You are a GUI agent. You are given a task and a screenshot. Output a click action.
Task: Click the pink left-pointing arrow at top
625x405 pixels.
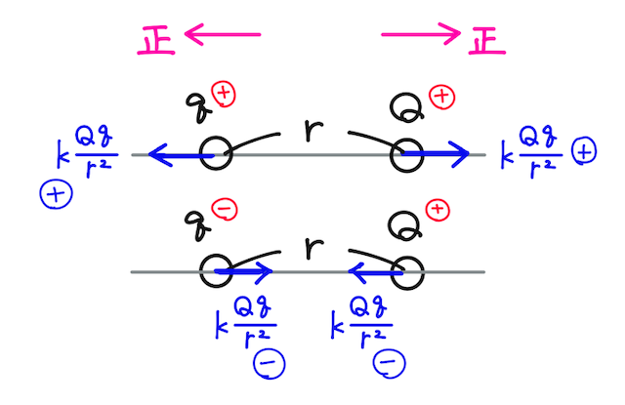point(222,36)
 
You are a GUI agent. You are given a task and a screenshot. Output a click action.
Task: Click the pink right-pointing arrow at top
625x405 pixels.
point(420,36)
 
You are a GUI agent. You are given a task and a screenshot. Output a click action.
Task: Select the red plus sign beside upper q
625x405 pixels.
point(225,95)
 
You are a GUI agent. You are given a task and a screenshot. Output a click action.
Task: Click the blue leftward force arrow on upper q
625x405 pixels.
point(176,154)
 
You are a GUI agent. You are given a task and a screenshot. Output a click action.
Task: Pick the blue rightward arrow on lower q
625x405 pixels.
point(244,270)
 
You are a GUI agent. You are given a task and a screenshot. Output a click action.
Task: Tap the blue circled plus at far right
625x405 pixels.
point(584,152)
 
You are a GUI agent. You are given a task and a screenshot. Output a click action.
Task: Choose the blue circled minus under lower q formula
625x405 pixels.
point(265,364)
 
